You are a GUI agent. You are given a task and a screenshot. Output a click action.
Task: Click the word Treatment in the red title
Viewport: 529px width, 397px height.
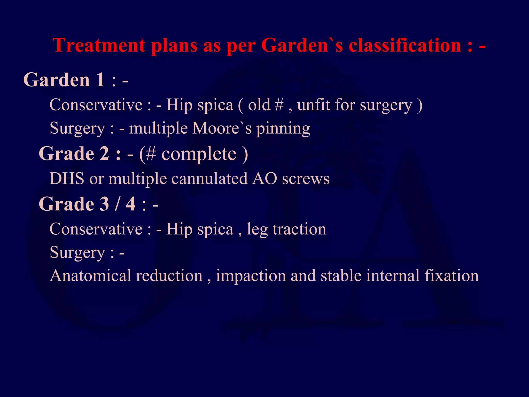(99, 45)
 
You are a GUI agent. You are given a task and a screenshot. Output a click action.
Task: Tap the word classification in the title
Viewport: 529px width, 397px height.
(405, 45)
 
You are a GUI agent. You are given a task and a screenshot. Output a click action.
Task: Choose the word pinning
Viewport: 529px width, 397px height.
(283, 129)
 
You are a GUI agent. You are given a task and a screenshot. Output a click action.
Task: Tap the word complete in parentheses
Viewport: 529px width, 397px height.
(199, 154)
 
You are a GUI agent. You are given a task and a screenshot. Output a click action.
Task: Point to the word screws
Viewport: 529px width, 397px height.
(306, 179)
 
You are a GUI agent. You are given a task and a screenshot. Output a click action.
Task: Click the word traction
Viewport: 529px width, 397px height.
(300, 229)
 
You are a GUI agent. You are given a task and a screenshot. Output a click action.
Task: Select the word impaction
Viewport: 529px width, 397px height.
(251, 276)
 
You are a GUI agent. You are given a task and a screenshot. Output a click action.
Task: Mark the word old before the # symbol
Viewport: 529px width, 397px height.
(259, 105)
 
